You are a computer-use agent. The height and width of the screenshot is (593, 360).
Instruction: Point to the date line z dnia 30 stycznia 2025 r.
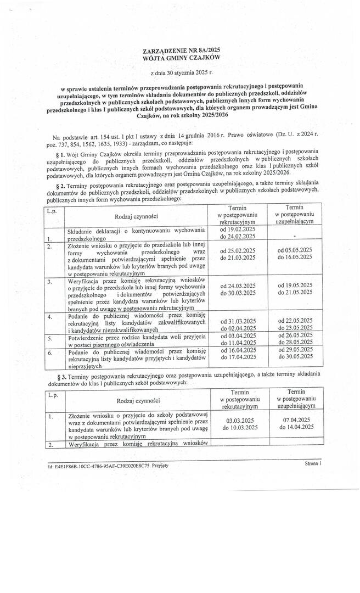[181, 72]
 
